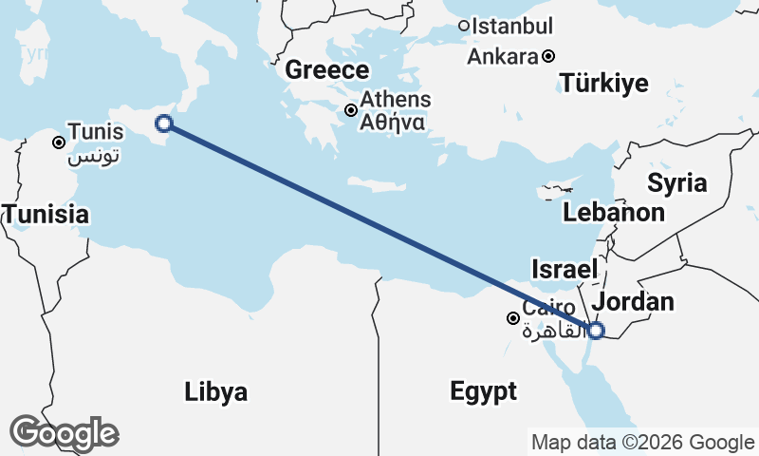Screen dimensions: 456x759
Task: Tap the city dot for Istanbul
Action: tap(464, 26)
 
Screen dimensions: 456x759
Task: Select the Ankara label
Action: tap(502, 56)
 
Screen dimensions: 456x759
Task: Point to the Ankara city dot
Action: tap(548, 56)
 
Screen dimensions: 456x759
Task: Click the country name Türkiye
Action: tap(604, 84)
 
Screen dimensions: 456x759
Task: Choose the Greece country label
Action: tap(326, 70)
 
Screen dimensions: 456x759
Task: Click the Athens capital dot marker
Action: tap(351, 110)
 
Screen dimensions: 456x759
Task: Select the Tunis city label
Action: tap(96, 132)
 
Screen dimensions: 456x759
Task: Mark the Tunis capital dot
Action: tap(59, 142)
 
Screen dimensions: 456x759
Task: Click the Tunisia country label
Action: tap(46, 215)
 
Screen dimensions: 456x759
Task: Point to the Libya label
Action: tap(216, 391)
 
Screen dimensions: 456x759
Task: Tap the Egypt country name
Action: tap(484, 391)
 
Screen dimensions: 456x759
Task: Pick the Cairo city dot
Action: tap(512, 318)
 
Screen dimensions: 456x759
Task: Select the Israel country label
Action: tap(564, 267)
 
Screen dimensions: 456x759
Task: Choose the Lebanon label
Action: tap(614, 213)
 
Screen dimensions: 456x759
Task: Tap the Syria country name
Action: tap(677, 182)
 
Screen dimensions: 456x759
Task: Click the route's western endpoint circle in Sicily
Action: tap(163, 123)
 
